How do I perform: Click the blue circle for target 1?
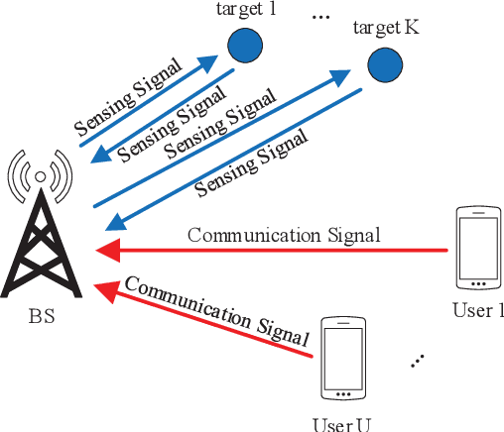click(x=244, y=46)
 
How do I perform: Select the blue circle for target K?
click(x=383, y=65)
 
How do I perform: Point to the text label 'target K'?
click(x=385, y=27)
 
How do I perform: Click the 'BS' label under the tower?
click(x=42, y=319)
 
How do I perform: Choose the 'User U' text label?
click(x=341, y=424)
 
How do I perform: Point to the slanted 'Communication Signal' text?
click(x=216, y=306)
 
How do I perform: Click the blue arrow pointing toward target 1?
click(x=149, y=104)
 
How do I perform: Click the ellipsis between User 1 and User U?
click(x=419, y=361)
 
